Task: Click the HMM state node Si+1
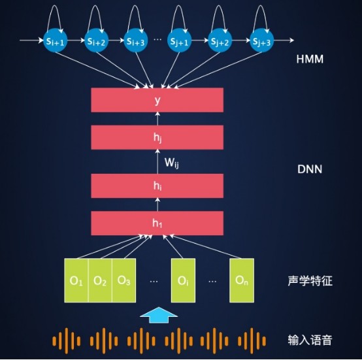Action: pos(54,41)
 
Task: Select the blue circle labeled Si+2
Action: pos(95,41)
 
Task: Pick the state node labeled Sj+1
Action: pos(178,41)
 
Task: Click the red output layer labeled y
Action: pos(157,100)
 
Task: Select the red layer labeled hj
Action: pos(157,137)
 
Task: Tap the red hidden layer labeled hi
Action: pos(157,186)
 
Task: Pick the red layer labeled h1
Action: pos(157,223)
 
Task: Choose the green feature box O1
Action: pos(76,281)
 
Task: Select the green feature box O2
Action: pos(100,281)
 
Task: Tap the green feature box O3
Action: pos(123,281)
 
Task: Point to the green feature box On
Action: pos(241,281)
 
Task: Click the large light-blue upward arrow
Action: pos(157,316)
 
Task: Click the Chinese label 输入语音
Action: pos(310,340)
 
